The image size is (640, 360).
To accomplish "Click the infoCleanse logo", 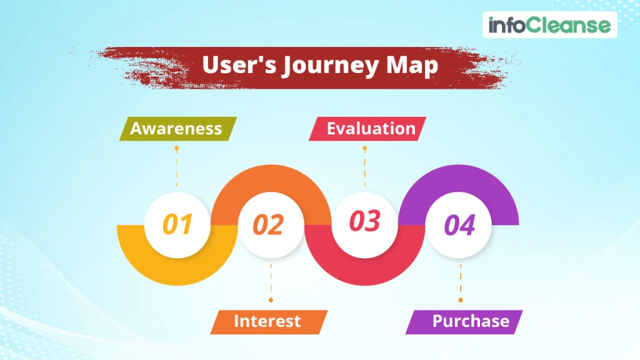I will (x=549, y=26).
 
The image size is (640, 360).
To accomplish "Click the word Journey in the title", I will (x=334, y=65).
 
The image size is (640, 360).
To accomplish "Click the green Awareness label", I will (x=176, y=129).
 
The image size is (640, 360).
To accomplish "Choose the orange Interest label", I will (x=267, y=321).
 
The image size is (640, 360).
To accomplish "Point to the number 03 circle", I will (x=364, y=222).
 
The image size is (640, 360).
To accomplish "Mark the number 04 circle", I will (x=459, y=225).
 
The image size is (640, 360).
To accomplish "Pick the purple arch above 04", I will (x=459, y=179).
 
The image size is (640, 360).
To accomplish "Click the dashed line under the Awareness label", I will (x=177, y=167).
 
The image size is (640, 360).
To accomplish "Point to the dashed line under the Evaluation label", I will (x=365, y=167).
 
